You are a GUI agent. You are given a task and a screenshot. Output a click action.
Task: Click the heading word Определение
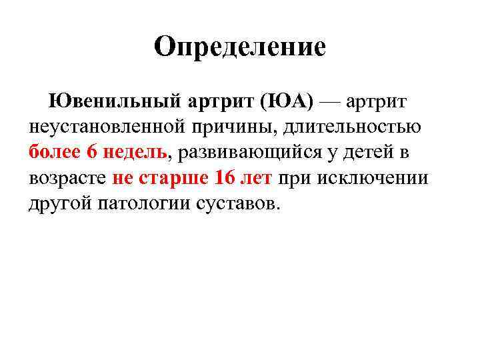pyautogui.click(x=239, y=47)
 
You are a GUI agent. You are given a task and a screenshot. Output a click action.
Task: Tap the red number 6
pyautogui.click(x=92, y=152)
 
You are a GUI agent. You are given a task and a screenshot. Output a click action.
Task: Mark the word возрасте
pyautogui.click(x=66, y=179)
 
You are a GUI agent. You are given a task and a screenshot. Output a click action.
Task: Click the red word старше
pyautogui.click(x=175, y=179)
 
